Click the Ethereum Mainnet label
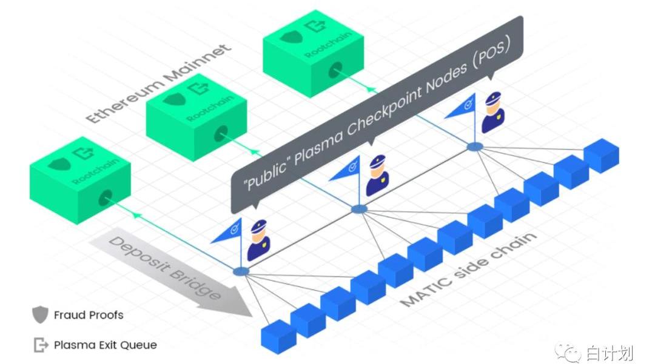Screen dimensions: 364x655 click(158, 83)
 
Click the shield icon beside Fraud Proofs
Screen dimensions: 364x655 click(40, 315)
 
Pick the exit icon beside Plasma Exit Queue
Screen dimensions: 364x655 click(41, 345)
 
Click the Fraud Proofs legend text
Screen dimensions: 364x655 click(89, 315)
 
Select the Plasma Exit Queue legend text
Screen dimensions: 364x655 click(105, 345)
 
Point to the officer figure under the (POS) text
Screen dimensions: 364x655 click(492, 113)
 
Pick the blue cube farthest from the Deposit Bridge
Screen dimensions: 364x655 click(602, 155)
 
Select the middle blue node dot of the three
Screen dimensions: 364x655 click(360, 209)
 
